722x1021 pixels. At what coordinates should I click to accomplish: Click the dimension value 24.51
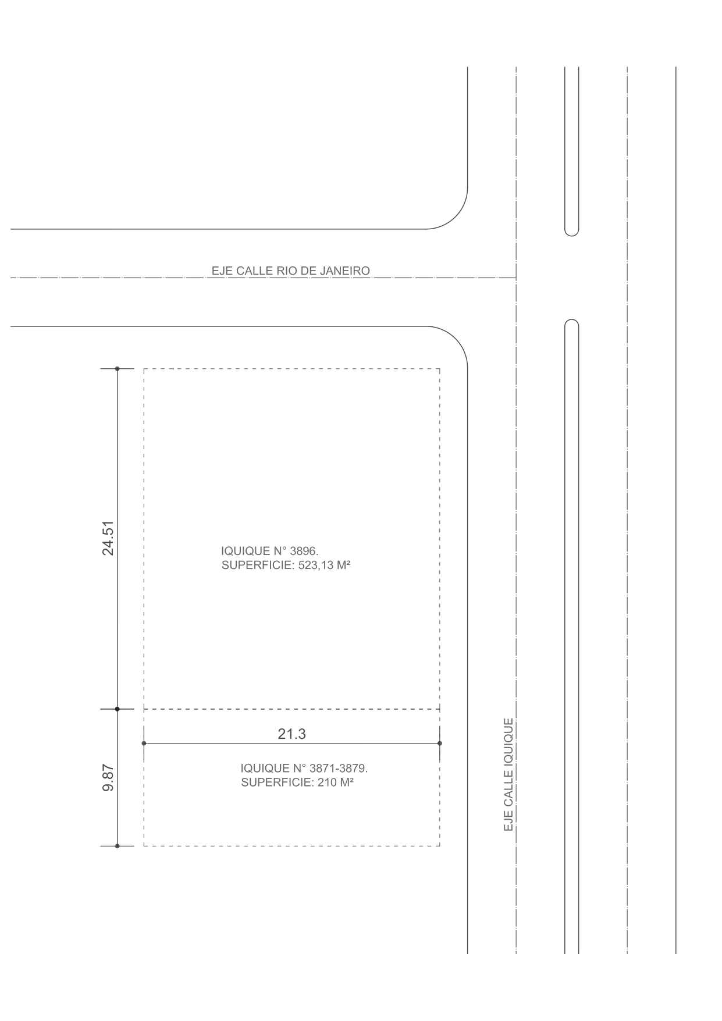(x=108, y=538)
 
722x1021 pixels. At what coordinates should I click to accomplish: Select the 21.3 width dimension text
(x=291, y=734)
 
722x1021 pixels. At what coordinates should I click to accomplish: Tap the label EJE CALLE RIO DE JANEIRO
(x=290, y=271)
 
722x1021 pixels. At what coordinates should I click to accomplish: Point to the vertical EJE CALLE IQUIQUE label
(x=508, y=774)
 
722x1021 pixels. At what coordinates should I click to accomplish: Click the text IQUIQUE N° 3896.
(x=270, y=550)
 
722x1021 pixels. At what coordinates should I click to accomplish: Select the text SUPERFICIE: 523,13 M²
(x=286, y=565)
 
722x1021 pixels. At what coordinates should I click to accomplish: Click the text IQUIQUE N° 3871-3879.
(x=304, y=768)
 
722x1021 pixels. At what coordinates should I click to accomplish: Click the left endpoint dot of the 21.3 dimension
(x=144, y=743)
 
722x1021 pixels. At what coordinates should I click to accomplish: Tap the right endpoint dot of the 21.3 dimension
(x=440, y=743)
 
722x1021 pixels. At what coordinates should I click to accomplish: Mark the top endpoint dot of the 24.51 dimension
(x=117, y=369)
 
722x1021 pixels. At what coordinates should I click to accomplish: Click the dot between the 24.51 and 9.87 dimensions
(x=117, y=709)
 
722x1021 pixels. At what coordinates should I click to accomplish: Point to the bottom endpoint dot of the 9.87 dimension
(x=117, y=846)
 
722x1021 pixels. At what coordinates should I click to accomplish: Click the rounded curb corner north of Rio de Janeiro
(x=456, y=218)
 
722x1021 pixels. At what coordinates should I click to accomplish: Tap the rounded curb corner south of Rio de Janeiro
(x=456, y=338)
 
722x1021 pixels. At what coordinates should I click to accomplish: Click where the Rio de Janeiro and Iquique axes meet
(x=516, y=278)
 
